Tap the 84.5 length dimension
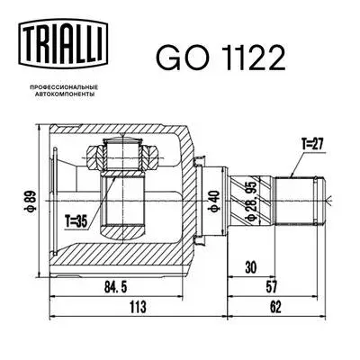pos(115,289)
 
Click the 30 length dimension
pos(249,267)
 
